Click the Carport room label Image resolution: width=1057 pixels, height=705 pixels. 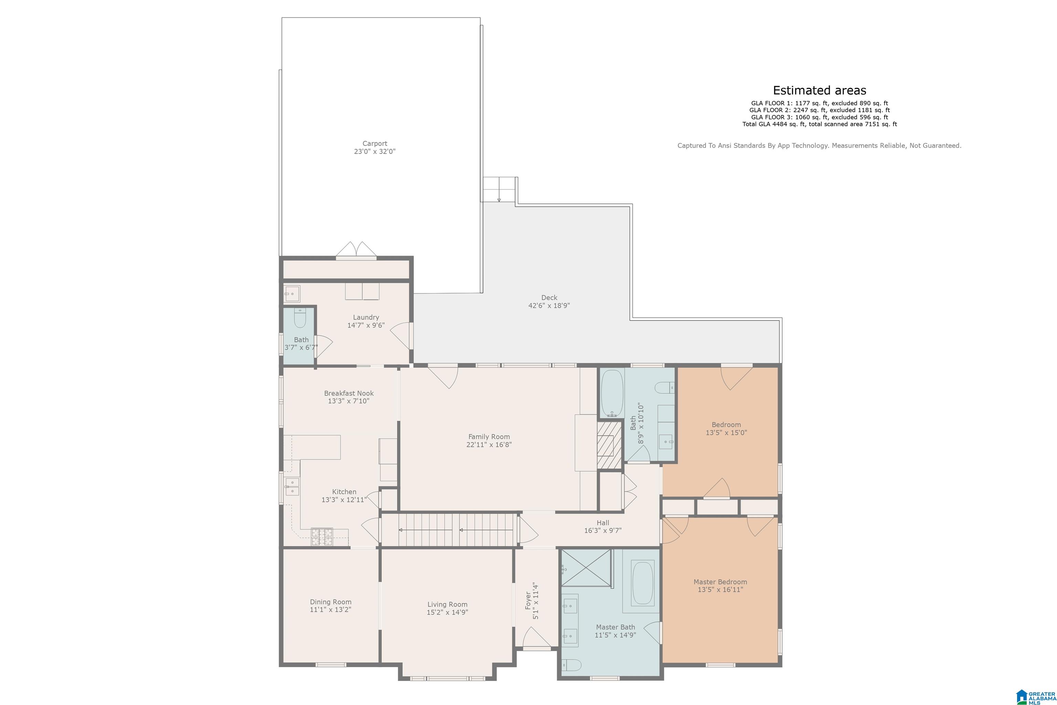pyautogui.click(x=375, y=144)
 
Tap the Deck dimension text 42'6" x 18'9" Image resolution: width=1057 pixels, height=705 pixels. pyautogui.click(x=549, y=306)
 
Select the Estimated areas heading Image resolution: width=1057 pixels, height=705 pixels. pyautogui.click(x=819, y=91)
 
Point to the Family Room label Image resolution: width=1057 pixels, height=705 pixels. pyautogui.click(x=489, y=436)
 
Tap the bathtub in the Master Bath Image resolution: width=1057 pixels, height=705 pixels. pyautogui.click(x=643, y=583)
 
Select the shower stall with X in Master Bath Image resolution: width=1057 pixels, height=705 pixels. pyautogui.click(x=586, y=568)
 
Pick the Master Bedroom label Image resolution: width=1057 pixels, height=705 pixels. pyautogui.click(x=720, y=582)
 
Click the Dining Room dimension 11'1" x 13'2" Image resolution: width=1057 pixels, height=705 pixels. pyautogui.click(x=330, y=610)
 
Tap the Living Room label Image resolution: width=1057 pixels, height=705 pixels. pyautogui.click(x=447, y=604)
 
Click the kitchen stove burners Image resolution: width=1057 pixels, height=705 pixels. pyautogui.click(x=322, y=537)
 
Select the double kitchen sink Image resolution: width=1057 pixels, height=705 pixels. pyautogui.click(x=292, y=486)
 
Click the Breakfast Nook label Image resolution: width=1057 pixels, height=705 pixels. pyautogui.click(x=349, y=393)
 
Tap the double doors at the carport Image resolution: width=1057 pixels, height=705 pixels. pyautogui.click(x=357, y=250)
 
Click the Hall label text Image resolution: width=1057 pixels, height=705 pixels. pyautogui.click(x=603, y=523)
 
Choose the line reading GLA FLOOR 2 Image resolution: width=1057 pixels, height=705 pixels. pyautogui.click(x=819, y=110)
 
